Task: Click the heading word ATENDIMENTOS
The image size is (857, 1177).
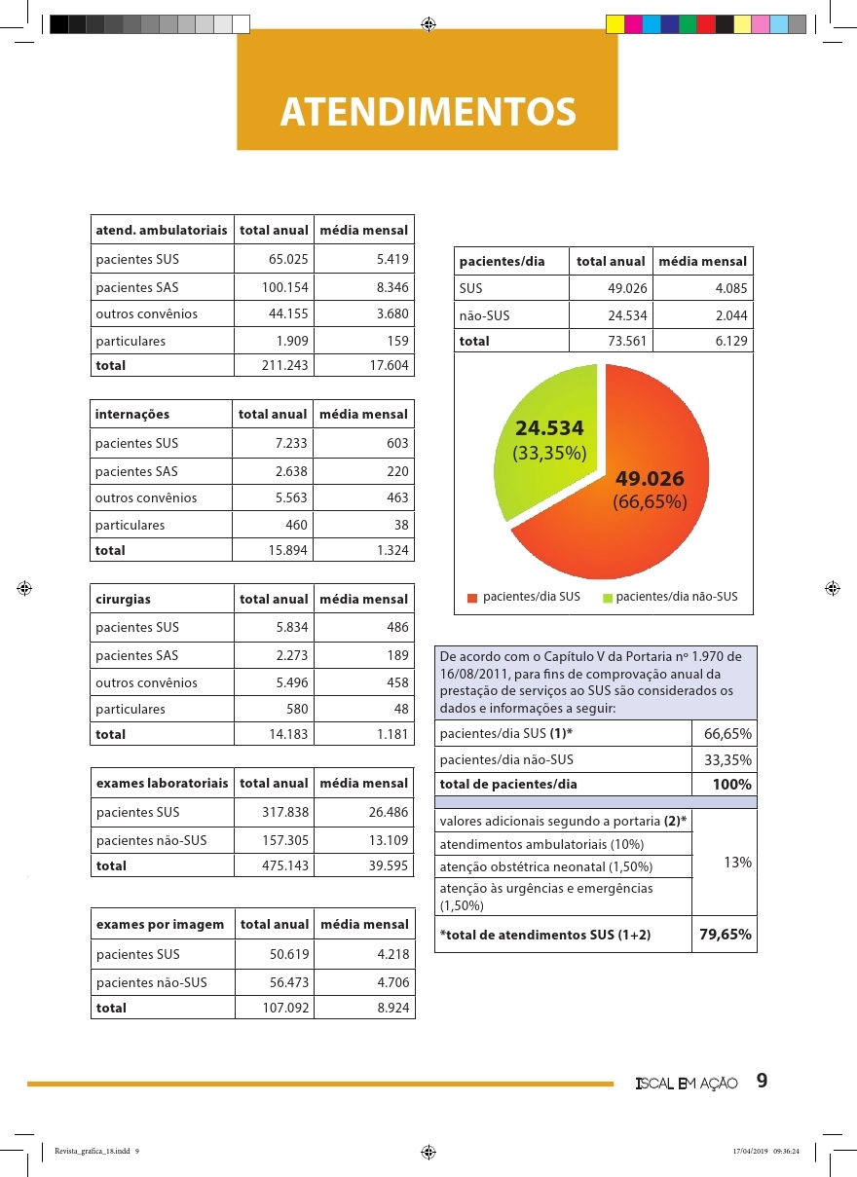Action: [x=428, y=112]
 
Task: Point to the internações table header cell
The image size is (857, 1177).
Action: [x=132, y=414]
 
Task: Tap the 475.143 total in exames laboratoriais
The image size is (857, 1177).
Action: [x=285, y=865]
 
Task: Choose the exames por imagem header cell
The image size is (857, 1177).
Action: [x=160, y=924]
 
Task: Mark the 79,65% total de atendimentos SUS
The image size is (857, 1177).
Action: [x=725, y=935]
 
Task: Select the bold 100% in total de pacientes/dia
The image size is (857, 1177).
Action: [x=731, y=785]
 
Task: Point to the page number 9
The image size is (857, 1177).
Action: [x=762, y=1082]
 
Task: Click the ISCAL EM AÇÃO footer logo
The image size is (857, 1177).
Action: [x=686, y=1084]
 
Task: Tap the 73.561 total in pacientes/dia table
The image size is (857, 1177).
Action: [x=627, y=342]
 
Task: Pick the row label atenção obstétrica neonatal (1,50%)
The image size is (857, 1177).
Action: [x=546, y=866]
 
